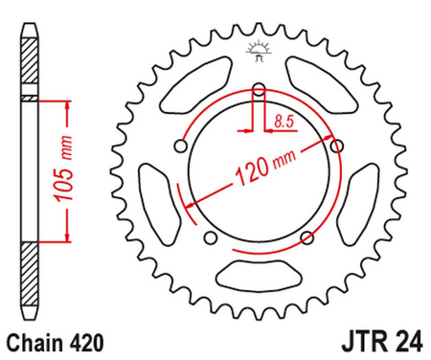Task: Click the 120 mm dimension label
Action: tap(260, 169)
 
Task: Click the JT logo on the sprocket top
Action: tap(257, 53)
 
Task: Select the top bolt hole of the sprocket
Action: tap(258, 93)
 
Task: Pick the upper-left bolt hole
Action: tap(182, 146)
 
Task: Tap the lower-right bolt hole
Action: tap(306, 236)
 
